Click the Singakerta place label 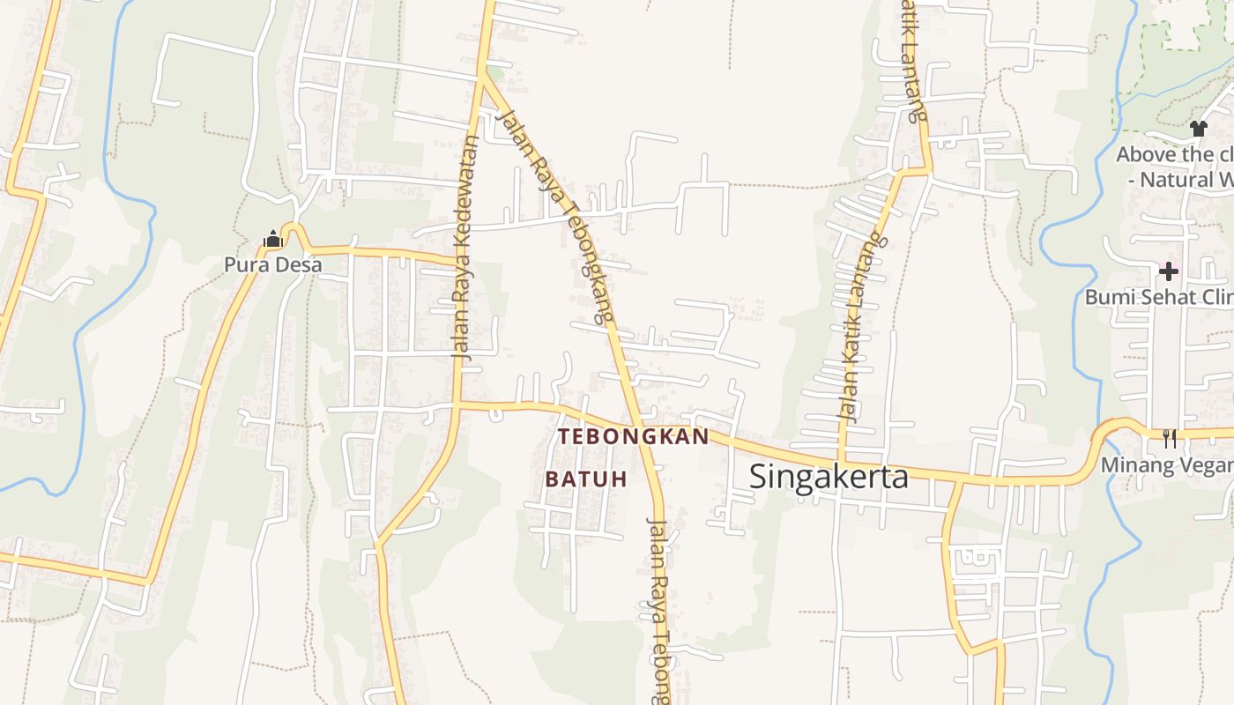[829, 477]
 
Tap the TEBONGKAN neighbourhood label [633, 437]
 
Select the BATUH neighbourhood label [586, 479]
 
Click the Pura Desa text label [272, 264]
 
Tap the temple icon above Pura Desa [272, 239]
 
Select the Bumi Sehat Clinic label [1158, 297]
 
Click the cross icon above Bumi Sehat [1169, 271]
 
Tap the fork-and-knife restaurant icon [1170, 438]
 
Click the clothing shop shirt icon [1197, 129]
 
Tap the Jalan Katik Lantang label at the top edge [914, 57]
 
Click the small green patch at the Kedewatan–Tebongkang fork [496, 72]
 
